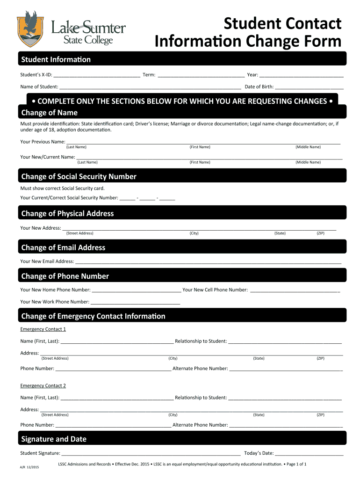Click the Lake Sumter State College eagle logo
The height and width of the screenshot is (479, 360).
(x=32, y=29)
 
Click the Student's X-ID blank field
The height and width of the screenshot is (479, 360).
(x=97, y=75)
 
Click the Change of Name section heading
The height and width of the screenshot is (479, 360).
(x=50, y=113)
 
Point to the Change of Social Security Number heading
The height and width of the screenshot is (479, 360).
(x=79, y=176)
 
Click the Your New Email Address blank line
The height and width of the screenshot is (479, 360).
(x=208, y=261)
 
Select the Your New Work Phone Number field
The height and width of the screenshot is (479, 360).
(x=136, y=302)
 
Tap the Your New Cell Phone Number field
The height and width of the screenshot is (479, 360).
(x=295, y=290)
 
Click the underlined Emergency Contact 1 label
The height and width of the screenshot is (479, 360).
(x=43, y=329)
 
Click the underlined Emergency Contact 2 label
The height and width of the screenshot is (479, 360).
(x=43, y=386)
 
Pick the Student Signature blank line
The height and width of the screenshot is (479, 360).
(x=151, y=453)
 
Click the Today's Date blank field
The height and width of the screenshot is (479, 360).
(x=309, y=453)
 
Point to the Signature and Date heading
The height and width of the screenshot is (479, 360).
(x=54, y=439)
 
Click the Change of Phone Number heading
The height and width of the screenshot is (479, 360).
(x=65, y=276)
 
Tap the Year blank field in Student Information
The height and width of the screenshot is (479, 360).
(x=302, y=75)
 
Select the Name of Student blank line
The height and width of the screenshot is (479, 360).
(x=150, y=87)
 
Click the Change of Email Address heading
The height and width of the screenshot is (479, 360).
(x=63, y=247)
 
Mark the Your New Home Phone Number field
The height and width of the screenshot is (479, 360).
(x=136, y=290)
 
